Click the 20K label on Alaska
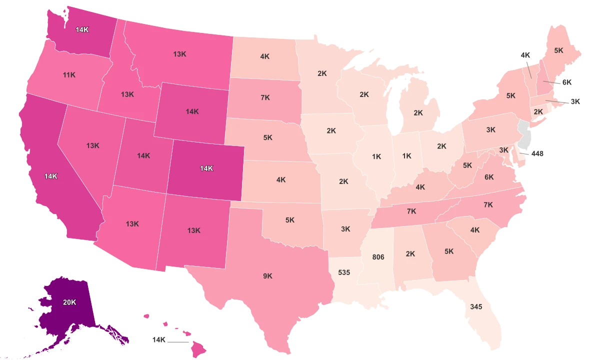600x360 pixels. (69, 302)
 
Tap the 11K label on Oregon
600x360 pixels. (69, 75)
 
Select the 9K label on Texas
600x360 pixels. (267, 275)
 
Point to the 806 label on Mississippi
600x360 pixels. (378, 257)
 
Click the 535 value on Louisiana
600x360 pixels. (344, 272)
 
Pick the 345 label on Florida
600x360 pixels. (476, 306)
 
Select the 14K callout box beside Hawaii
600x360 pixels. (158, 340)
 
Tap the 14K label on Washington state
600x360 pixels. (82, 29)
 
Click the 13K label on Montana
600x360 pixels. (180, 54)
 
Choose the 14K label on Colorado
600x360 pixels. (206, 168)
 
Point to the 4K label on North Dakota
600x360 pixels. (265, 56)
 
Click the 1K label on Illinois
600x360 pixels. (376, 156)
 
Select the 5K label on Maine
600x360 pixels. (559, 50)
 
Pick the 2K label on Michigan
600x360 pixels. (418, 113)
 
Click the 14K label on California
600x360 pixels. (50, 176)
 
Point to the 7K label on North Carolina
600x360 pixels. (488, 204)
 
